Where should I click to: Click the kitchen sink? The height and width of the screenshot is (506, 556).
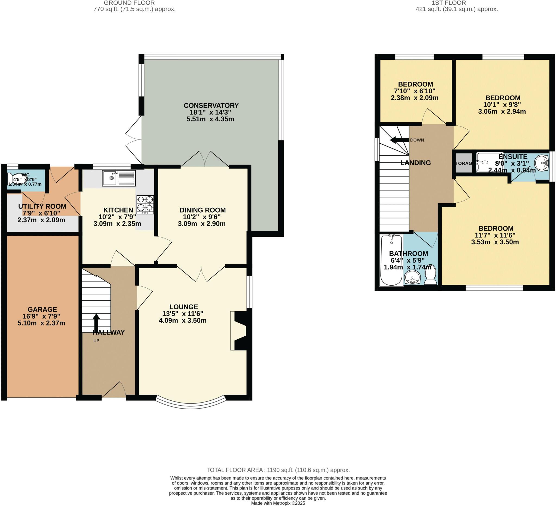pyautogui.click(x=119, y=178)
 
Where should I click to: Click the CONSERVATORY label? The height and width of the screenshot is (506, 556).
pyautogui.click(x=211, y=106)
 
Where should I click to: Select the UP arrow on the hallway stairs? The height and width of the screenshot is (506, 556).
pyautogui.click(x=96, y=321)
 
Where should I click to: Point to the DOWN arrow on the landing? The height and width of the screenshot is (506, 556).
pyautogui.click(x=399, y=140)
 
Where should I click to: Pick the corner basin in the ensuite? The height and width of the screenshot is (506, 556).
pyautogui.click(x=541, y=163)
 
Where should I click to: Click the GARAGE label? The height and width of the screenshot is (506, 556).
pyautogui.click(x=42, y=309)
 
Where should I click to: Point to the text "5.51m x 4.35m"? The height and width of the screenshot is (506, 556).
pyautogui.click(x=210, y=119)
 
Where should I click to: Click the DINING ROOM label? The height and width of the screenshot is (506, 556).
pyautogui.click(x=203, y=210)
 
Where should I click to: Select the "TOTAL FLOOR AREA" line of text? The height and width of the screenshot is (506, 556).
pyautogui.click(x=278, y=470)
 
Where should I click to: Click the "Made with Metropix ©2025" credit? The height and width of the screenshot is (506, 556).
pyautogui.click(x=278, y=503)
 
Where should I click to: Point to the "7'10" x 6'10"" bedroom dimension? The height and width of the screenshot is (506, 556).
pyautogui.click(x=415, y=91)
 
